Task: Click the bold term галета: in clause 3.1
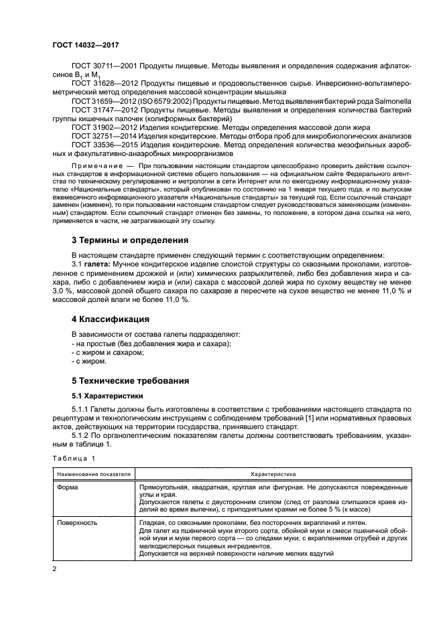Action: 98,264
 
